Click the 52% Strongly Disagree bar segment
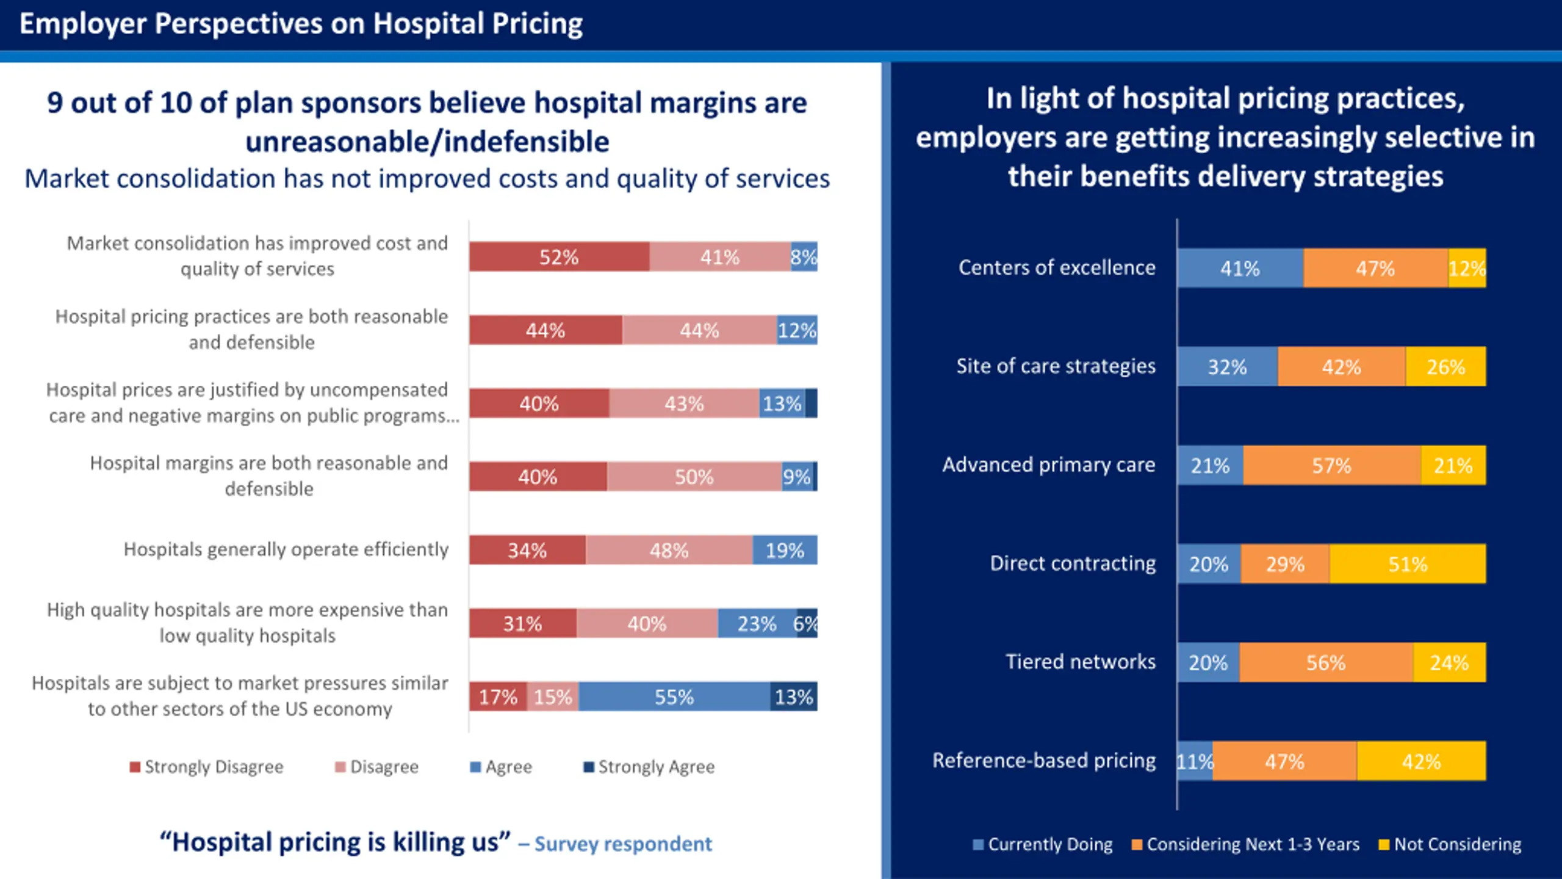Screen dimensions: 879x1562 tap(559, 257)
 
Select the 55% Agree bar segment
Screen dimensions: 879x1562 tap(674, 696)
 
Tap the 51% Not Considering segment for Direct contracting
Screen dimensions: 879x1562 tap(1408, 563)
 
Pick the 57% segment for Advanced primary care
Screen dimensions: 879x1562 tap(1332, 465)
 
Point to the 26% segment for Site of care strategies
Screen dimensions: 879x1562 tap(1445, 366)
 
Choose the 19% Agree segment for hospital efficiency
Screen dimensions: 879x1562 tap(785, 550)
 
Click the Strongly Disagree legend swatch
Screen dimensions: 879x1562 tap(135, 767)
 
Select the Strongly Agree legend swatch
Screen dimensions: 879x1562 tap(589, 767)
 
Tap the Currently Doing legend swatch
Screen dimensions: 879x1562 tap(978, 845)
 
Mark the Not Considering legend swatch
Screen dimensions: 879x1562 tap(1384, 845)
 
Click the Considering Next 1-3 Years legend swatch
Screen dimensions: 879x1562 tap(1137, 845)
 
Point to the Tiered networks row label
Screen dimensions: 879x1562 tap(1080, 662)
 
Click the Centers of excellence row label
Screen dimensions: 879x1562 tap(1057, 267)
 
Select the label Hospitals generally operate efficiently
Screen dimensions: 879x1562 tap(286, 549)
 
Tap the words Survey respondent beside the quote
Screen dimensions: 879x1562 tap(623, 844)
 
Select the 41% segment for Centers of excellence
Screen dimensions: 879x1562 tap(1240, 268)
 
